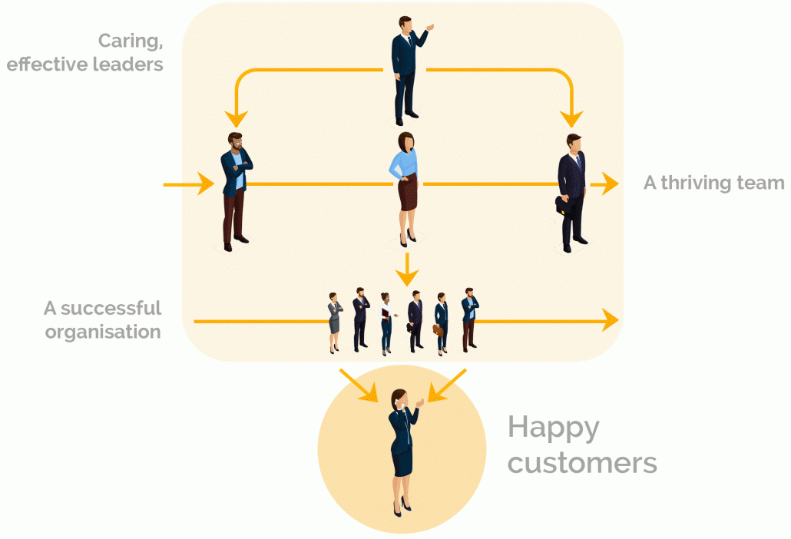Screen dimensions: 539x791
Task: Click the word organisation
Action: [103, 332]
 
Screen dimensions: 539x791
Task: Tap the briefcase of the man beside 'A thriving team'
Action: [562, 205]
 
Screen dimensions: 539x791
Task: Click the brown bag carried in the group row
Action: [438, 329]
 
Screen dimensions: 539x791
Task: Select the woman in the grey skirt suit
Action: [335, 321]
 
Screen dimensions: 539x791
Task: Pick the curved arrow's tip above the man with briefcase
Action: [571, 117]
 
